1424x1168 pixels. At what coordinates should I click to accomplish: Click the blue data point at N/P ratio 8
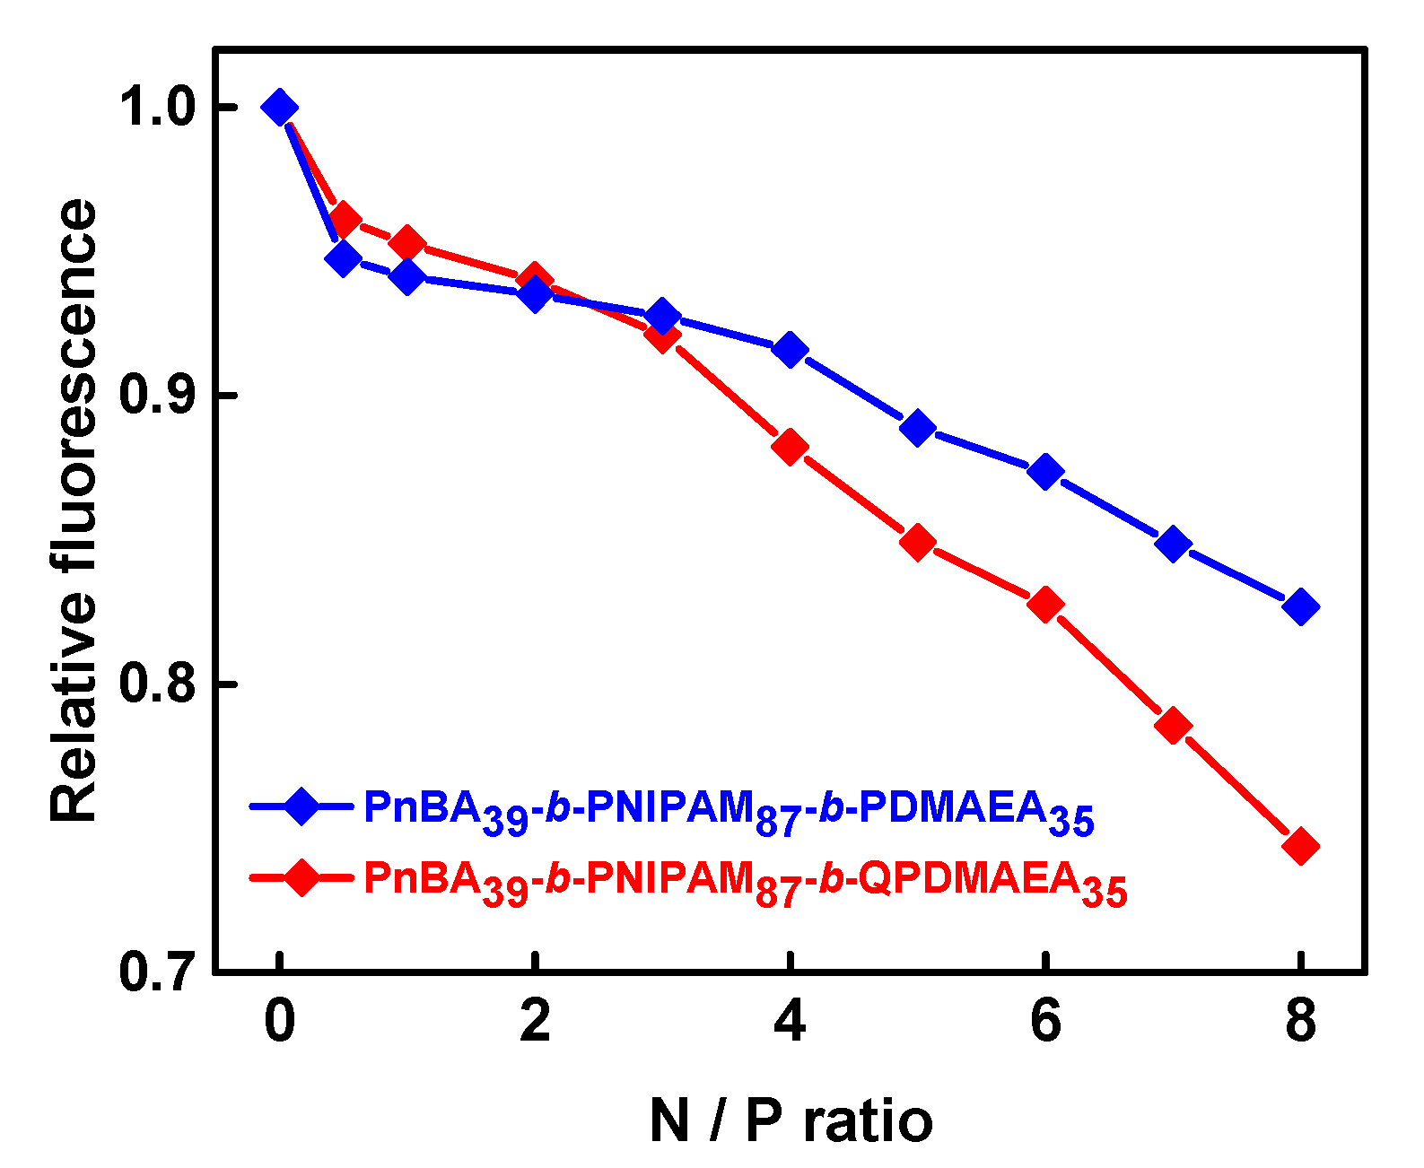(x=1300, y=607)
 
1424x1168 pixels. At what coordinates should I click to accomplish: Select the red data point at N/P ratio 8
(x=1300, y=846)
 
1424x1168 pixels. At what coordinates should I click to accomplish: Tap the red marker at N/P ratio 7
(x=1173, y=725)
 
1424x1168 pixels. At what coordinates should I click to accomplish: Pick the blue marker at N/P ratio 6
(x=1045, y=471)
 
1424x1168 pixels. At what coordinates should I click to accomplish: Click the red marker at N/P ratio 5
(x=917, y=542)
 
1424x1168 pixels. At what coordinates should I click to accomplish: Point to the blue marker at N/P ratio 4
(x=790, y=350)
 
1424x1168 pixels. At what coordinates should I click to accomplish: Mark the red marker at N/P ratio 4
(x=790, y=446)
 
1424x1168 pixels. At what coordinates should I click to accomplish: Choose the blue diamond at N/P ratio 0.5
(x=343, y=259)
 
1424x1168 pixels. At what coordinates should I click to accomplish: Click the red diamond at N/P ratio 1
(x=407, y=243)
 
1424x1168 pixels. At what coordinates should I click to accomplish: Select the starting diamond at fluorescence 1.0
(x=279, y=108)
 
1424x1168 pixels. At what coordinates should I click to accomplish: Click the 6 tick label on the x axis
(x=1045, y=1021)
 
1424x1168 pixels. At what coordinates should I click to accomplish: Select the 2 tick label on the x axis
(x=535, y=1021)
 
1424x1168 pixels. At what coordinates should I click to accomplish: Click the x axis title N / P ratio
(x=790, y=1121)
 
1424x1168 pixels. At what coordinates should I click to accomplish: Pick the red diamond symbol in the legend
(x=301, y=876)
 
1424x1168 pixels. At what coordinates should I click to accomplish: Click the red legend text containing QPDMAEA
(x=745, y=881)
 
